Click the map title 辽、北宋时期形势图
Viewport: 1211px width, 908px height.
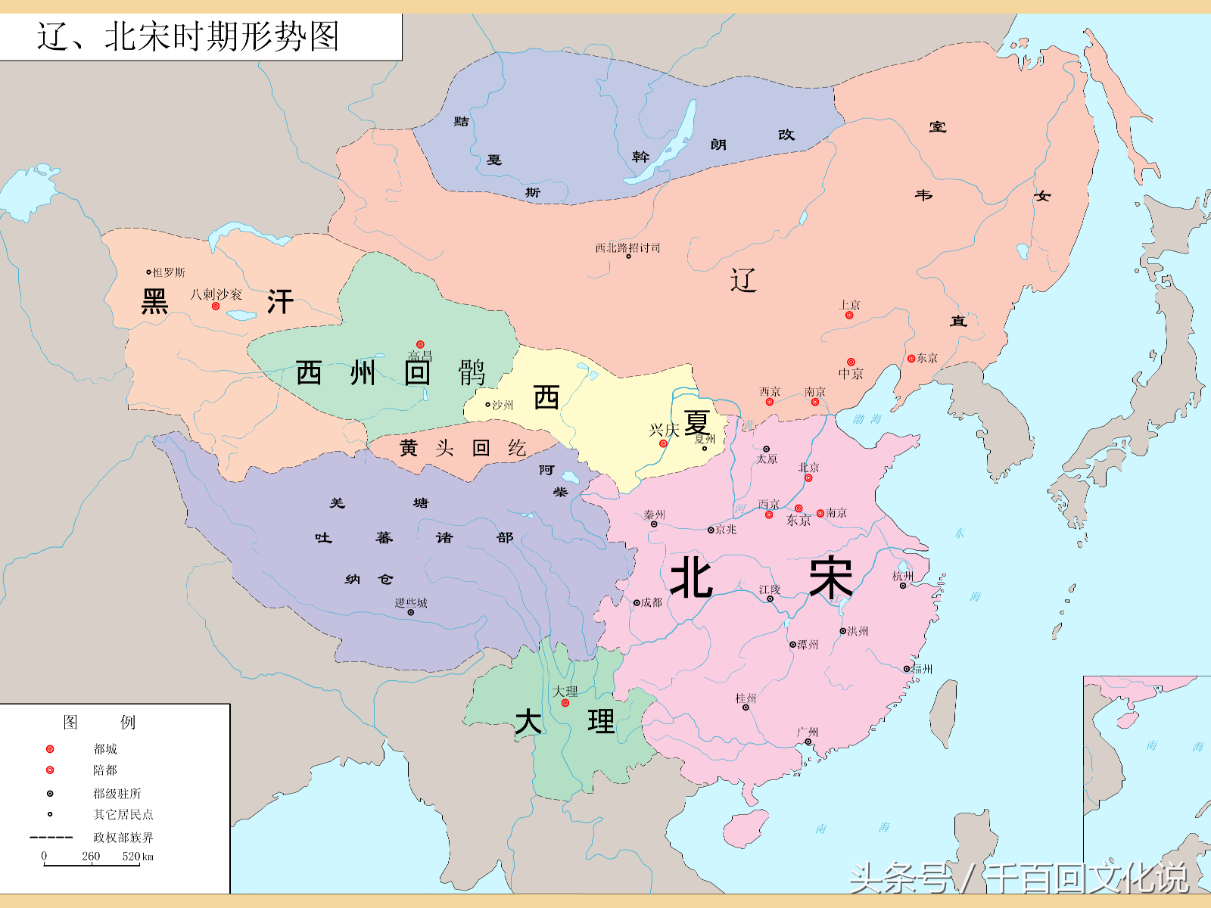click(x=188, y=36)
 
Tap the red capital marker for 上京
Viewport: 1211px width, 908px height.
click(x=849, y=315)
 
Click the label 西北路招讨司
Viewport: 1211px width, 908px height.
click(x=627, y=247)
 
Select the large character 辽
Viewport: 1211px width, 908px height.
click(x=743, y=280)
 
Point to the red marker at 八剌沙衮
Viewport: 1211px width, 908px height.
click(x=216, y=306)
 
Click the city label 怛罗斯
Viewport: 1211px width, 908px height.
click(x=168, y=272)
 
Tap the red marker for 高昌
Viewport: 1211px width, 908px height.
click(x=420, y=345)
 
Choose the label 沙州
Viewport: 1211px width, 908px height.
click(x=502, y=405)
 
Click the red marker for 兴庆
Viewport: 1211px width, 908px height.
click(x=663, y=443)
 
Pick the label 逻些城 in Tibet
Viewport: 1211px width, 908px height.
click(x=411, y=603)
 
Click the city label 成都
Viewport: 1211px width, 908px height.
click(x=651, y=602)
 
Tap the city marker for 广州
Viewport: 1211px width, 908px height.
click(x=808, y=742)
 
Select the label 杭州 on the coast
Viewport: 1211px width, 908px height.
click(x=903, y=576)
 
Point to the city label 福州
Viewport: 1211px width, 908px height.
click(x=922, y=669)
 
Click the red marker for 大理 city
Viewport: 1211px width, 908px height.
click(x=565, y=703)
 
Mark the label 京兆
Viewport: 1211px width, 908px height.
click(x=725, y=530)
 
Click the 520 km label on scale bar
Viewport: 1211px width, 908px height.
click(x=138, y=857)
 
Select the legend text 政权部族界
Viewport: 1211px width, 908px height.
click(x=123, y=838)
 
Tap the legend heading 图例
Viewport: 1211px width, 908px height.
click(x=99, y=722)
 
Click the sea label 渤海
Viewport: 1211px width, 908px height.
click(x=867, y=418)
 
